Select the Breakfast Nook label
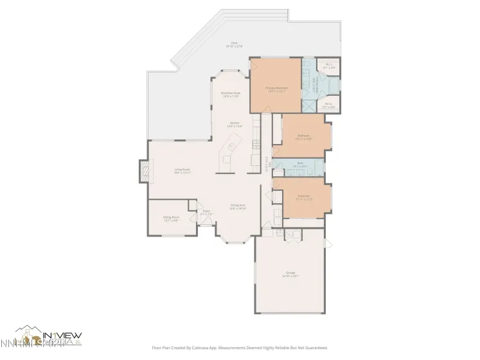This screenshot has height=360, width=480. [230, 95]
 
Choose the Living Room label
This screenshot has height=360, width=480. [182, 171]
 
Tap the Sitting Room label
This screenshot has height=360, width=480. [170, 219]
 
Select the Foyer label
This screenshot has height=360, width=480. [206, 212]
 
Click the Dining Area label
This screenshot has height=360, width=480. [238, 207]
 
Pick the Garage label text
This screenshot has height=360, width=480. [290, 274]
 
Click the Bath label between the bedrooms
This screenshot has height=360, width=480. [300, 165]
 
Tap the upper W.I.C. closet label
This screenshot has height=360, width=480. [328, 65]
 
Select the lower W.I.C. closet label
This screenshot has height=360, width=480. [328, 105]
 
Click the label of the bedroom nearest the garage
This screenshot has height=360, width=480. [303, 197]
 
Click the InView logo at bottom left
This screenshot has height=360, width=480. [48, 337]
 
